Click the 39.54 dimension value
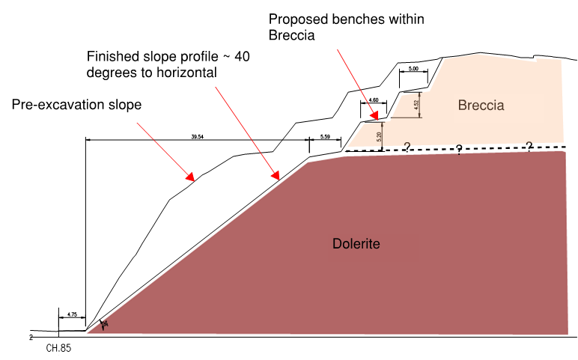(x=197, y=137)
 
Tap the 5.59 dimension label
(x=325, y=137)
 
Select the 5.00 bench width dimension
(x=413, y=70)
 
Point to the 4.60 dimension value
(x=374, y=100)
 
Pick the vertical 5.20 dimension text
(x=380, y=136)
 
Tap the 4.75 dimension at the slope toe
(x=72, y=315)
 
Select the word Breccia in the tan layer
(x=481, y=106)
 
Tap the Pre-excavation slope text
(x=76, y=105)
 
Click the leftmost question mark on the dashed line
(x=407, y=147)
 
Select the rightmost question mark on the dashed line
(x=529, y=146)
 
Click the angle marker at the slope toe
(x=104, y=324)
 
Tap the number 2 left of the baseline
(x=31, y=338)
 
